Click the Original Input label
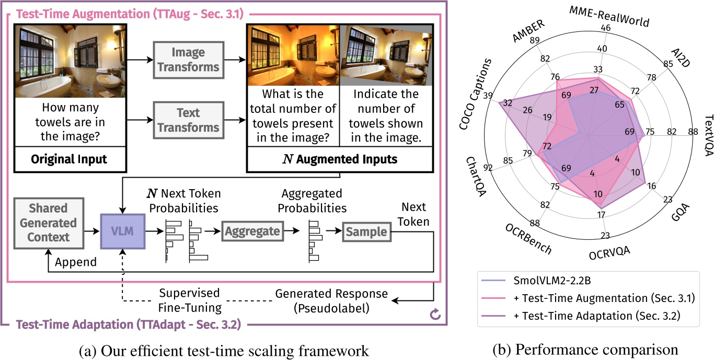(69, 159)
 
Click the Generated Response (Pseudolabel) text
(331, 300)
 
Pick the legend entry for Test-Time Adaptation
(593, 315)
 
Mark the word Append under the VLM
(75, 262)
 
